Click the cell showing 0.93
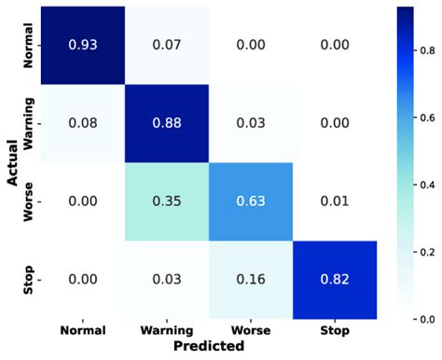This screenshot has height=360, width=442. (x=86, y=44)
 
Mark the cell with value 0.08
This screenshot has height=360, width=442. (x=86, y=121)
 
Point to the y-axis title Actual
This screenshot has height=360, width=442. (x=13, y=161)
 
